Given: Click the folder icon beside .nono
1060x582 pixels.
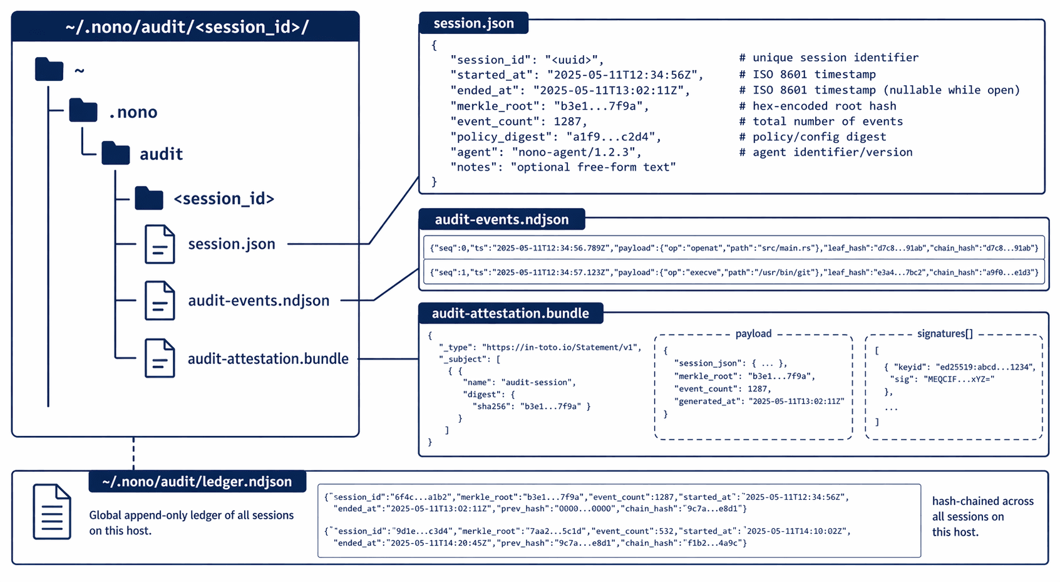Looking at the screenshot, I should (x=83, y=111).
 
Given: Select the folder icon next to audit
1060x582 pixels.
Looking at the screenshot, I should (x=116, y=153).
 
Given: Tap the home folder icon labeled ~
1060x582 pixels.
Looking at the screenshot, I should (x=49, y=70).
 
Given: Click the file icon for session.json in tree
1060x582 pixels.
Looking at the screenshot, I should (x=160, y=244).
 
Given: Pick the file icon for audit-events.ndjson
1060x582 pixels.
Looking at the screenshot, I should (x=160, y=301).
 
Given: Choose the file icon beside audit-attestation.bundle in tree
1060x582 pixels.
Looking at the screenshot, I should (x=160, y=358).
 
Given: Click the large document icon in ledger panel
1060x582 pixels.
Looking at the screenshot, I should (x=52, y=512).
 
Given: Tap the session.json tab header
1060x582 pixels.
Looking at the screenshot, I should (x=473, y=23).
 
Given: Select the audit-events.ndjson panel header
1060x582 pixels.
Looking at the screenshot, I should (x=502, y=219).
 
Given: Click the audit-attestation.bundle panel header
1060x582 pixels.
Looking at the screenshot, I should (x=510, y=313).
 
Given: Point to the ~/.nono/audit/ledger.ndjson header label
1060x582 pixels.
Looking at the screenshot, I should (x=197, y=481).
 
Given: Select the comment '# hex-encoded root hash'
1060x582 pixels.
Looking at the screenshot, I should (x=817, y=106).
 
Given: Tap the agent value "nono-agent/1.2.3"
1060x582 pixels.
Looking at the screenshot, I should (x=576, y=152).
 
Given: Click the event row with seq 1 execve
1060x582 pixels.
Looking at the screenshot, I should (x=734, y=273).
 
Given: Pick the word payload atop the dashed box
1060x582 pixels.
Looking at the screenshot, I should (x=753, y=333).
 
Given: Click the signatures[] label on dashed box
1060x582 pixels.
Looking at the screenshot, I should (x=945, y=333).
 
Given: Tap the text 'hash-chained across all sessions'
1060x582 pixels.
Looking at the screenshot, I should (x=982, y=508).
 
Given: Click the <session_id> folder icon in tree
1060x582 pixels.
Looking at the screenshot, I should (x=149, y=199).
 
